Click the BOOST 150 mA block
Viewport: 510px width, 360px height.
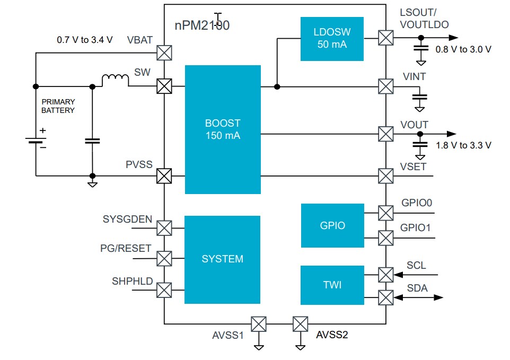pos(222,129)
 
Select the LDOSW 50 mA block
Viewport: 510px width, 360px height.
pos(332,39)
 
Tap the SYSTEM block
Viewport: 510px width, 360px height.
pos(222,259)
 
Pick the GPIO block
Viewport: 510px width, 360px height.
pos(332,225)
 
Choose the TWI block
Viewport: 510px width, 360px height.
pos(332,285)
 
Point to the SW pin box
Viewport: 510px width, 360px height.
pos(164,86)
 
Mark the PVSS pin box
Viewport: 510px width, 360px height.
pos(164,176)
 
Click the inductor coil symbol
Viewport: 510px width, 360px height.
pos(115,81)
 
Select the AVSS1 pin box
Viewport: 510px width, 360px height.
pos(259,323)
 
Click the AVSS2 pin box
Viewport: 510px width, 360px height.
pos(300,323)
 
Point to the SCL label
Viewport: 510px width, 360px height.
pos(416,265)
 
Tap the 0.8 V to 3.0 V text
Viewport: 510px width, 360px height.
pos(463,49)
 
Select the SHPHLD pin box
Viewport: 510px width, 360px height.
pos(164,290)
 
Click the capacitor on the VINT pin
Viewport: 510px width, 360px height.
pos(420,98)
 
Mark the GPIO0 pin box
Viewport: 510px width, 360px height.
pos(385,213)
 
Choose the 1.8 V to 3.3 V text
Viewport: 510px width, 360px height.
pos(463,145)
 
